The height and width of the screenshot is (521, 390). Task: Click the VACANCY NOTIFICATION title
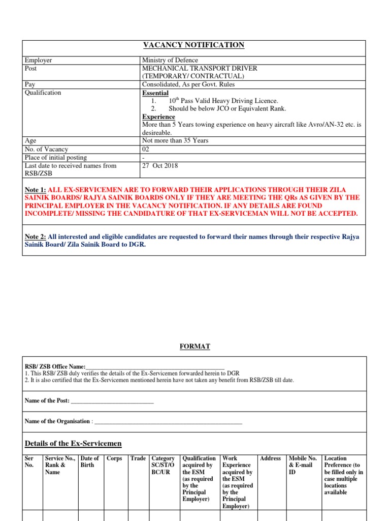[x=193, y=45]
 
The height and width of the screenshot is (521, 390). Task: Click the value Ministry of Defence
[x=170, y=61]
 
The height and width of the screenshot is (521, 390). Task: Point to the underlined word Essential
[x=155, y=93]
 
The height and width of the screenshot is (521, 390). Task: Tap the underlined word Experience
[x=158, y=117]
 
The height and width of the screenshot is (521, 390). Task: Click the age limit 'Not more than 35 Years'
[x=175, y=140]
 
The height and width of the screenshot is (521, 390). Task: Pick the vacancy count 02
[x=146, y=149]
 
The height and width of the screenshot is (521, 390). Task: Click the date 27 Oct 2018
[x=160, y=166]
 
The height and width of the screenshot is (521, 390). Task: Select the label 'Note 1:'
[x=35, y=189]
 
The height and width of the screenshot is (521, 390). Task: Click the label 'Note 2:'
[x=35, y=237]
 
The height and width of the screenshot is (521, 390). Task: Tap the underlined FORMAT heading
[x=194, y=346]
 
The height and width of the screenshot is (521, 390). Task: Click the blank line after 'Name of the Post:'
[x=112, y=401]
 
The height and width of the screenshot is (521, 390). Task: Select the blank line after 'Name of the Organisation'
[x=168, y=421]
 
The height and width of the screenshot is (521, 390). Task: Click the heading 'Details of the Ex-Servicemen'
[x=73, y=444]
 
